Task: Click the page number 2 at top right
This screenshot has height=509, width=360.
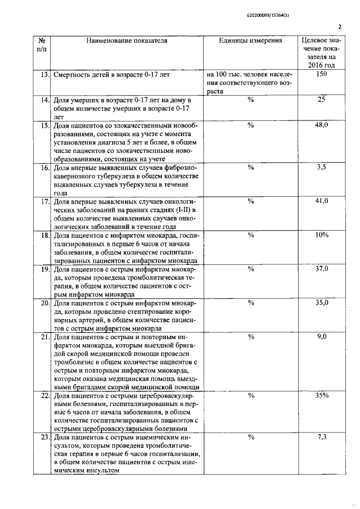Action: click(x=340, y=26)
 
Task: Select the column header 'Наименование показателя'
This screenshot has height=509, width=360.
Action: click(x=127, y=40)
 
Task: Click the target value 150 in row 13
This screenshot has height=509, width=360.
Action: click(x=322, y=74)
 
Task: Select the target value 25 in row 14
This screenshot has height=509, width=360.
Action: click(x=322, y=99)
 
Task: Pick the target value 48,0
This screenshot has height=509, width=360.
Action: click(x=322, y=125)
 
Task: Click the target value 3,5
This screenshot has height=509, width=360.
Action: click(x=322, y=167)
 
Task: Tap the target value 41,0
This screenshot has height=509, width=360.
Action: click(x=322, y=201)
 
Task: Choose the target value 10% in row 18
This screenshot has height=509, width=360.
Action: click(x=322, y=235)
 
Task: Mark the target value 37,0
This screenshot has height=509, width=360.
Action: click(x=322, y=268)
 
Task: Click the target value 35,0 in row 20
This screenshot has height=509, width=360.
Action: click(x=322, y=302)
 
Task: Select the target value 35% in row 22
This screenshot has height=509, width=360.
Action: click(x=322, y=395)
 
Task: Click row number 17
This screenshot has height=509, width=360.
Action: click(x=43, y=201)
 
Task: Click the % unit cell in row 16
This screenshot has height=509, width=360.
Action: click(x=251, y=167)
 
